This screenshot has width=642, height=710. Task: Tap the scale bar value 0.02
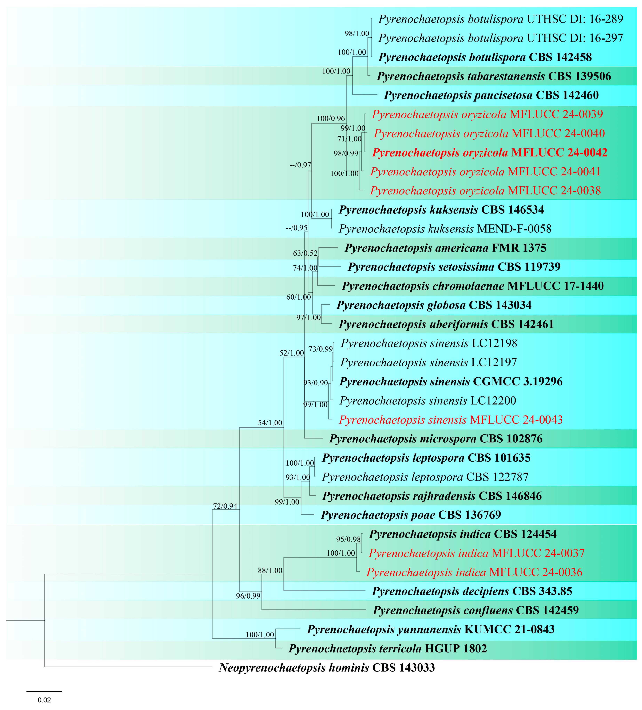tap(44, 700)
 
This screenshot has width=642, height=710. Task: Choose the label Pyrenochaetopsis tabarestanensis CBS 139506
tap(494, 76)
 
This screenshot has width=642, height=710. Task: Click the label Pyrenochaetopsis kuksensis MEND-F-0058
tap(445, 229)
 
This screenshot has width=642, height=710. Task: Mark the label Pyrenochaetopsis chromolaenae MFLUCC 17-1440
tap(473, 286)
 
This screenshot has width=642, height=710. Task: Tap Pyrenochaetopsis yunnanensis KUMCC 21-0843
tap(431, 629)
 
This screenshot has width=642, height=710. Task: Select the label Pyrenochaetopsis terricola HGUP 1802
tap(388, 648)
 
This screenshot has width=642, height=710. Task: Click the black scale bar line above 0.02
tap(44, 691)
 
